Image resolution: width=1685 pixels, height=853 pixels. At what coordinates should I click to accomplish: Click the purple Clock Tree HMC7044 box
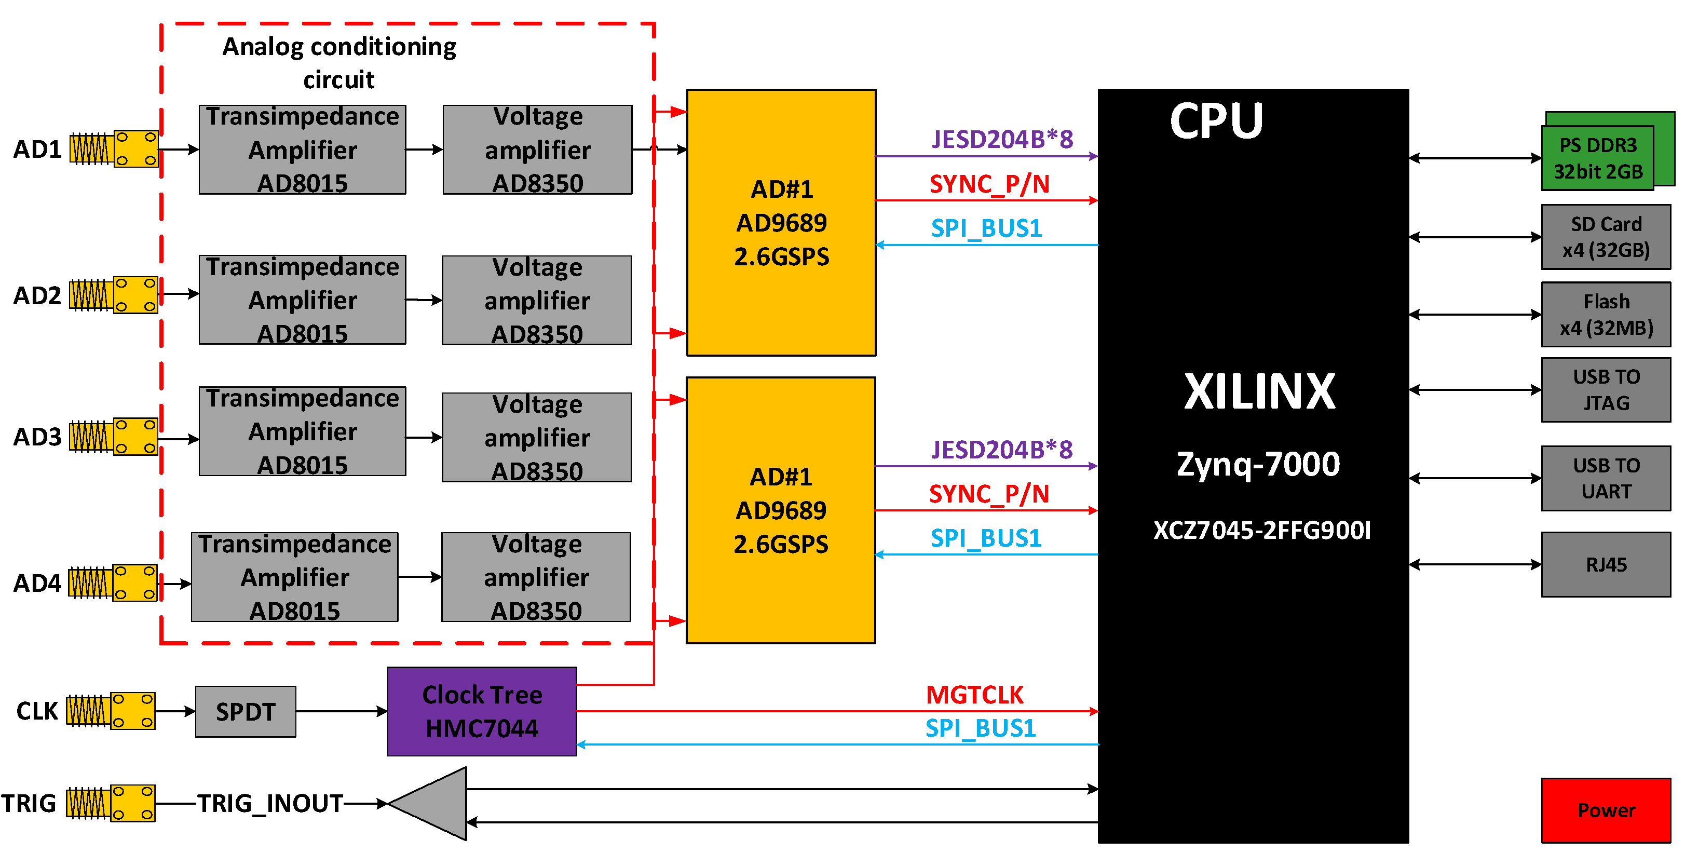click(x=482, y=711)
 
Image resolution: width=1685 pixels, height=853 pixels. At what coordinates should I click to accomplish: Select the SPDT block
click(x=246, y=711)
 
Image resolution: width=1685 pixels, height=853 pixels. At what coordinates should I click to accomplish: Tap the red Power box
click(x=1606, y=810)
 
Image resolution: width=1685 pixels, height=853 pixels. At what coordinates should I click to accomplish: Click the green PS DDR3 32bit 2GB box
click(x=1597, y=158)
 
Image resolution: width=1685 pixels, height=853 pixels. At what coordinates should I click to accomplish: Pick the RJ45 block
click(x=1606, y=564)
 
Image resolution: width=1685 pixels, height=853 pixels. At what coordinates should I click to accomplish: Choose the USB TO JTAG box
click(x=1606, y=389)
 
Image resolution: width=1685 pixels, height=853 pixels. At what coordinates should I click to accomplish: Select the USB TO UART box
click(x=1606, y=478)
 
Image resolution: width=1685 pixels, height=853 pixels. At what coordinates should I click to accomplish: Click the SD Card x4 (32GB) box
click(x=1606, y=237)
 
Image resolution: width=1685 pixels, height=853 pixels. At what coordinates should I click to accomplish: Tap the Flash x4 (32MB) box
click(x=1606, y=314)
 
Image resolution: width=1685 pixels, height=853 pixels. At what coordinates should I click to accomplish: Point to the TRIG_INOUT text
click(x=270, y=803)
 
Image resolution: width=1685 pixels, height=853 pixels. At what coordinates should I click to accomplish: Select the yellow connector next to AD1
click(x=136, y=148)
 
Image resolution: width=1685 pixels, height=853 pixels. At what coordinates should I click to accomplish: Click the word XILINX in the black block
click(x=1259, y=391)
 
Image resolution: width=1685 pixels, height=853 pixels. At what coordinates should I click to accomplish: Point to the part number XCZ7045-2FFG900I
click(x=1261, y=530)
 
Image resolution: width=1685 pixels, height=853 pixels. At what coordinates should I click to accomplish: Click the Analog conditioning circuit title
click(x=339, y=63)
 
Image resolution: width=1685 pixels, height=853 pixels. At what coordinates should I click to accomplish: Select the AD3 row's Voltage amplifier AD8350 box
click(x=536, y=437)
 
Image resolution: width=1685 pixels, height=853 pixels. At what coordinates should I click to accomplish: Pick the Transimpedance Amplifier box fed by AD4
click(x=294, y=577)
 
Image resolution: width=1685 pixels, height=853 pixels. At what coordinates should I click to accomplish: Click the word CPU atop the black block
click(x=1216, y=121)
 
